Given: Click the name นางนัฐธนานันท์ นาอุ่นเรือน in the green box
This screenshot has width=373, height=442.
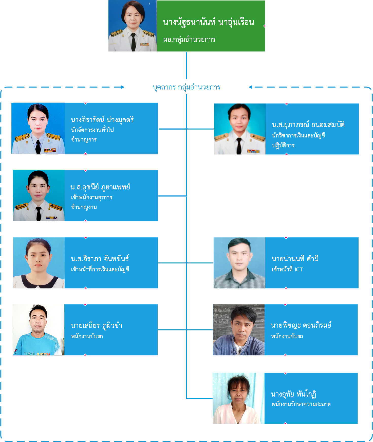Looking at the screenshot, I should (x=208, y=22).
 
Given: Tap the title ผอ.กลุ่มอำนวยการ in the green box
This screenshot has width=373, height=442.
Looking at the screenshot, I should (x=189, y=40).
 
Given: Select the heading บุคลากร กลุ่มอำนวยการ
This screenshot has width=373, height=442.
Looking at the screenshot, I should (x=186, y=87).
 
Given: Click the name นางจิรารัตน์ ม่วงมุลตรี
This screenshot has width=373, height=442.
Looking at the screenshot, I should (x=102, y=119).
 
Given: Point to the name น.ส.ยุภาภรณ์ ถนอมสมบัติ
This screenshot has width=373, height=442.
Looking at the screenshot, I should (x=308, y=125).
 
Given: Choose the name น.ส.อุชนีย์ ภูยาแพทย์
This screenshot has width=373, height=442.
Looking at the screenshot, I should (x=100, y=187).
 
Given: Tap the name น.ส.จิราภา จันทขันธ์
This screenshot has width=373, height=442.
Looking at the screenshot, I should (x=100, y=259).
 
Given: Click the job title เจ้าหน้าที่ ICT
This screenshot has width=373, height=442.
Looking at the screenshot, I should (x=287, y=269).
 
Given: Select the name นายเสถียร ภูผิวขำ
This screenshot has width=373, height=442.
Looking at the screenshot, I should (x=96, y=326).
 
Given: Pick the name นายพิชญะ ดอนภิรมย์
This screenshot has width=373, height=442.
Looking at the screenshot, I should (x=301, y=325).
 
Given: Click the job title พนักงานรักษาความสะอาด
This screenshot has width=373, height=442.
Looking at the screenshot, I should (x=301, y=404).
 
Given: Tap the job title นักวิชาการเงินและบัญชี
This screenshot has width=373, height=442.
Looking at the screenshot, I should (x=298, y=135).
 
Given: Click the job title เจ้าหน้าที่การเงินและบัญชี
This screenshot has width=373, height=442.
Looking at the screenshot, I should (x=100, y=269).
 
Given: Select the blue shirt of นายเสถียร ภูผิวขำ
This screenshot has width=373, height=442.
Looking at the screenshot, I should (x=38, y=345).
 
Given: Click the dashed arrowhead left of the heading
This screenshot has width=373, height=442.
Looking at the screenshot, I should (x=123, y=87).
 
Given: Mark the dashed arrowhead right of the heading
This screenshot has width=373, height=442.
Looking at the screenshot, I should (x=250, y=87).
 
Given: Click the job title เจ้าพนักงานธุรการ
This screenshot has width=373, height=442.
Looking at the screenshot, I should (x=92, y=197).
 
